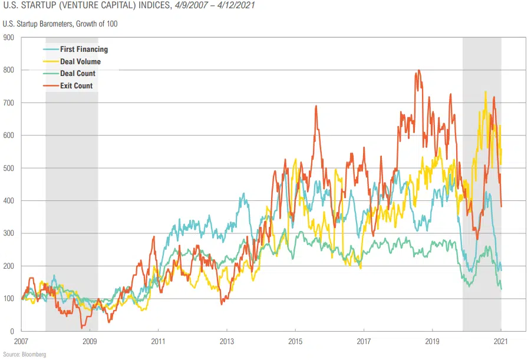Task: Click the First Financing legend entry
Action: pos(84,49)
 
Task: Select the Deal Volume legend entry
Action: pos(80,62)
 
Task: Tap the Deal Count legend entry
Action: pos(77,74)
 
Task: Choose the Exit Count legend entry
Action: pos(76,86)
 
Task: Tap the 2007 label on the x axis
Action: pos(21,341)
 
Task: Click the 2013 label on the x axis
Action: pos(227,341)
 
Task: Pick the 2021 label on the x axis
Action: pos(501,341)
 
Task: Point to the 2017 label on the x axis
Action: pos(364,341)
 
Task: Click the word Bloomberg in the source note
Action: pos(34,354)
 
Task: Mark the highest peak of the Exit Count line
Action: pos(419,71)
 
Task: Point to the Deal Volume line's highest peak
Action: pos(485,92)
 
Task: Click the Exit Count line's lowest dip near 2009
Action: pos(83,328)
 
